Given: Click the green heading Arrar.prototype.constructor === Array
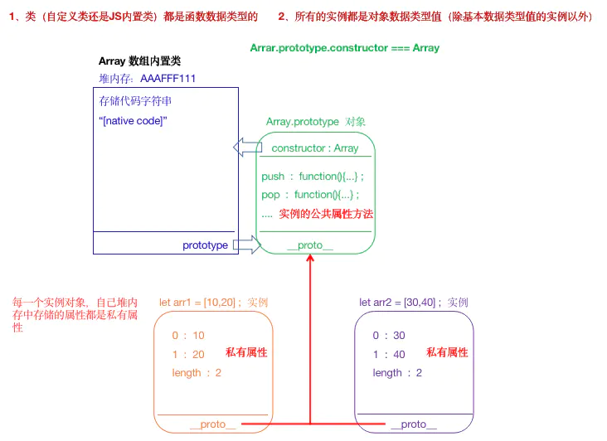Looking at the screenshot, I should pyautogui.click(x=344, y=48).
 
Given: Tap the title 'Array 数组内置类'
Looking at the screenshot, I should pyautogui.click(x=139, y=61).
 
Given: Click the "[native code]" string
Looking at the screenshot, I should pyautogui.click(x=133, y=121).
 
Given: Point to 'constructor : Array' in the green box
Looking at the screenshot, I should pyautogui.click(x=315, y=148).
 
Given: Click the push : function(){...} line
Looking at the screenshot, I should pyautogui.click(x=313, y=177).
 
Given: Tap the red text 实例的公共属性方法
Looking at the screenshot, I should pyautogui.click(x=326, y=214).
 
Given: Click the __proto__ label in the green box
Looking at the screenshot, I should pyautogui.click(x=310, y=245).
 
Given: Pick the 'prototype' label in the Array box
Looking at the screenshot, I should pyautogui.click(x=205, y=245).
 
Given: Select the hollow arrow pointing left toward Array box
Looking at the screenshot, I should pyautogui.click(x=246, y=148).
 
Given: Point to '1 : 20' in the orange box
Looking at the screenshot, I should pyautogui.click(x=188, y=355).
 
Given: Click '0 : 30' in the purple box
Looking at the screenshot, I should pyautogui.click(x=389, y=336).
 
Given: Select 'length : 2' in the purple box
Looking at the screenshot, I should pyautogui.click(x=397, y=373).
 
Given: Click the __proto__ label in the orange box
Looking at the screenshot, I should pyautogui.click(x=212, y=424).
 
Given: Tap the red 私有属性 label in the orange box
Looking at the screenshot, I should pyautogui.click(x=246, y=353).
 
